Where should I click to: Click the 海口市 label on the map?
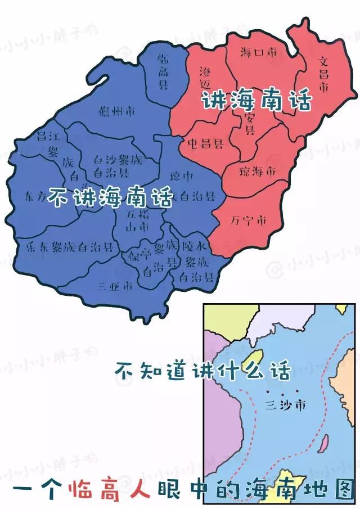[258, 53]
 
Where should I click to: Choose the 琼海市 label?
[257, 170]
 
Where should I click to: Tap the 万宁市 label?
[248, 220]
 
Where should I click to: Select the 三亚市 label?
[115, 286]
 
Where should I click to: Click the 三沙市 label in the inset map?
[285, 404]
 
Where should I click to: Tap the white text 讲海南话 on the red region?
[256, 101]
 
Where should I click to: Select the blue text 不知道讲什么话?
[202, 371]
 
